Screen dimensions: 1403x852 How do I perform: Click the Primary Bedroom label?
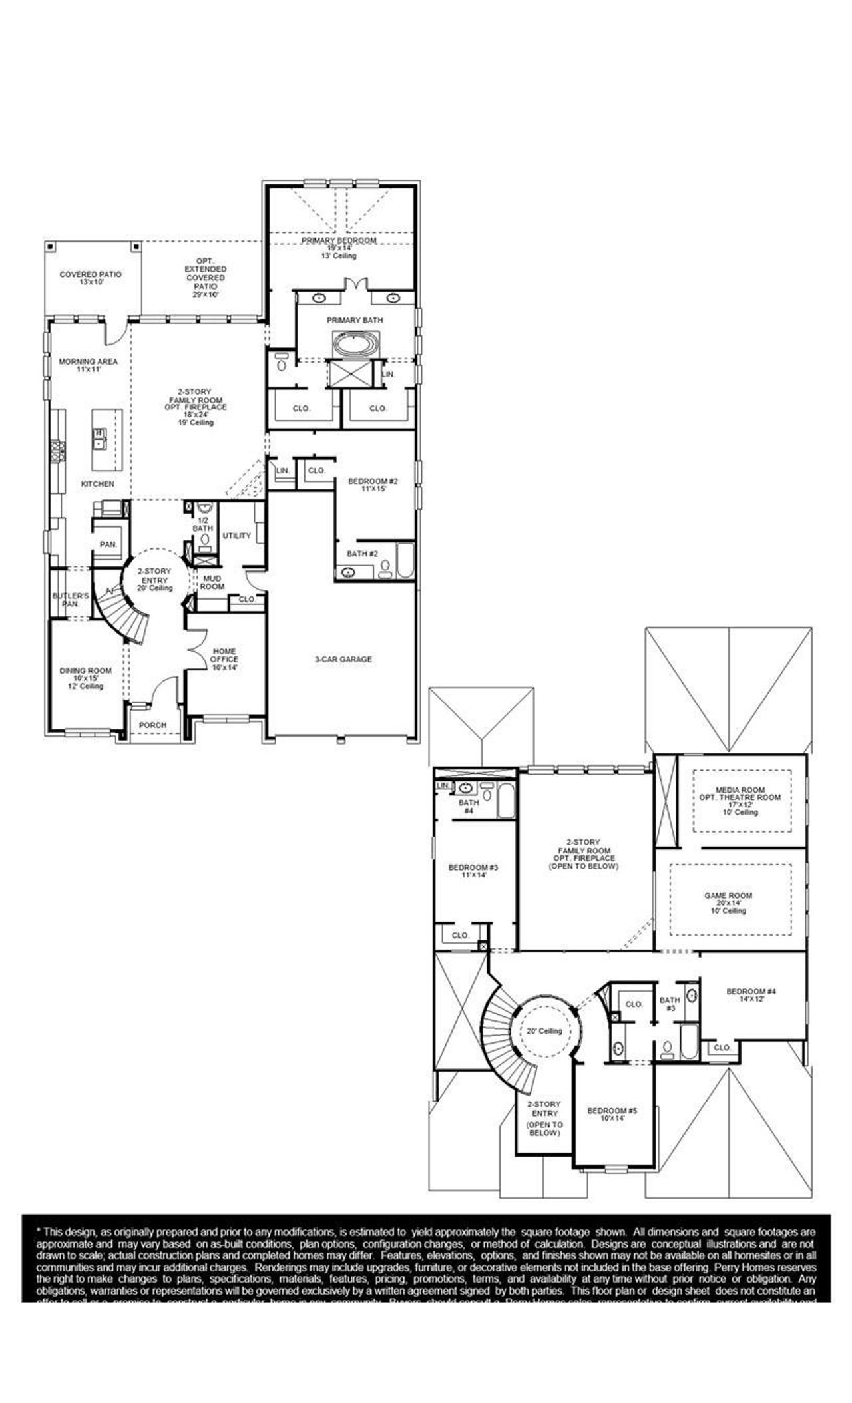(x=338, y=240)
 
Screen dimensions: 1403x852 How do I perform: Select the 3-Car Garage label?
(x=343, y=659)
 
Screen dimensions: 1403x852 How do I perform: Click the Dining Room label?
(x=86, y=671)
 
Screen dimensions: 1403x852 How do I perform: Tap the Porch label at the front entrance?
(x=152, y=725)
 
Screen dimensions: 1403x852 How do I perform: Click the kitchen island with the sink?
(x=107, y=439)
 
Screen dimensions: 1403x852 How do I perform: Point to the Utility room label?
(x=236, y=536)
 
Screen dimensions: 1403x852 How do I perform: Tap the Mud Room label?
(x=212, y=582)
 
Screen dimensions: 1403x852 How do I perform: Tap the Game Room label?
(x=728, y=896)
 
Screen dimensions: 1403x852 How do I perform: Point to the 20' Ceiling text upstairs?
(x=544, y=1031)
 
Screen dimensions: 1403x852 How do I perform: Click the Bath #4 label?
(x=469, y=807)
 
